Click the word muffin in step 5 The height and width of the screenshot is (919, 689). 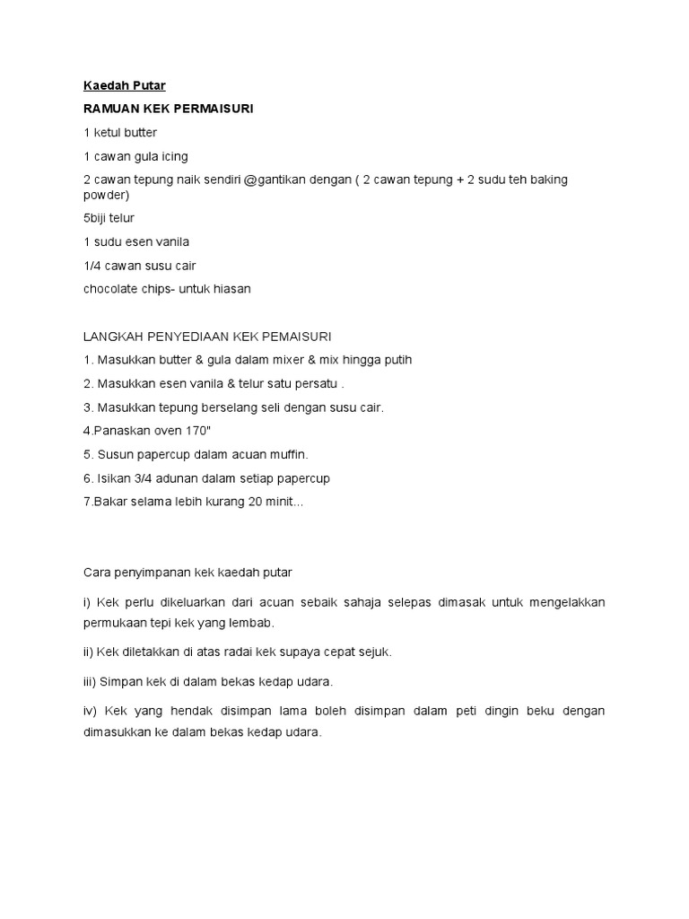[287, 454]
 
